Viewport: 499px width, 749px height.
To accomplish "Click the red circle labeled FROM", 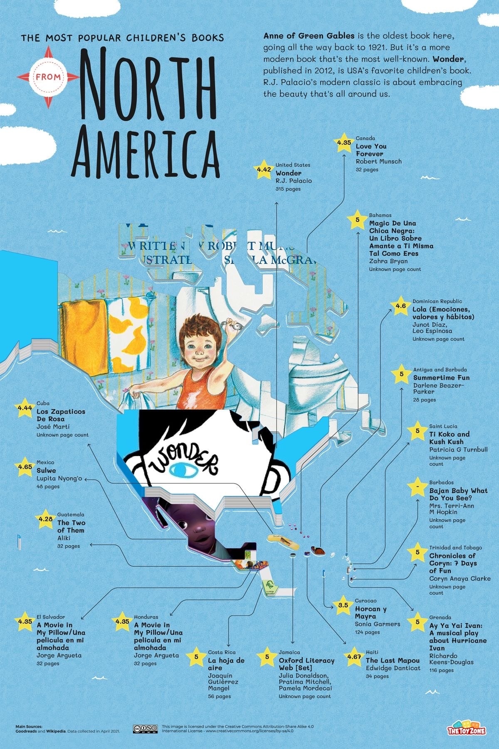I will (x=48, y=77).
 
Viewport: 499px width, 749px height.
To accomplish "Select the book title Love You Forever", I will (x=371, y=150).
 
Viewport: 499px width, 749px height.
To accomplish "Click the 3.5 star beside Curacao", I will (x=343, y=605).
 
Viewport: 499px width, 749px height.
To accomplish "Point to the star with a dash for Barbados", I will (x=417, y=486).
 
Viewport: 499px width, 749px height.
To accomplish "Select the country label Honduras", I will (x=146, y=617).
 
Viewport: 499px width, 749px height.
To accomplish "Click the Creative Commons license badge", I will (x=145, y=728).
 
